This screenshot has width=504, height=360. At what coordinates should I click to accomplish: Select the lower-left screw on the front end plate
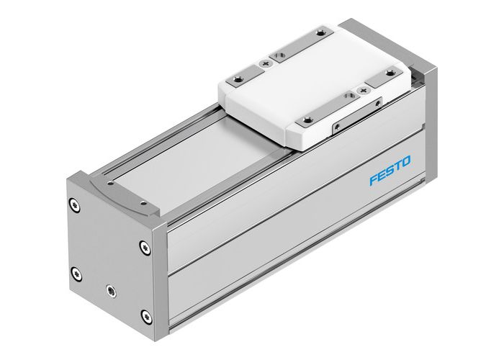click(76, 271)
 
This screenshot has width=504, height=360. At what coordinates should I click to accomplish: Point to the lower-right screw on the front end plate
click(148, 315)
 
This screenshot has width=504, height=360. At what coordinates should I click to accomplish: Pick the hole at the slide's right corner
click(392, 72)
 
